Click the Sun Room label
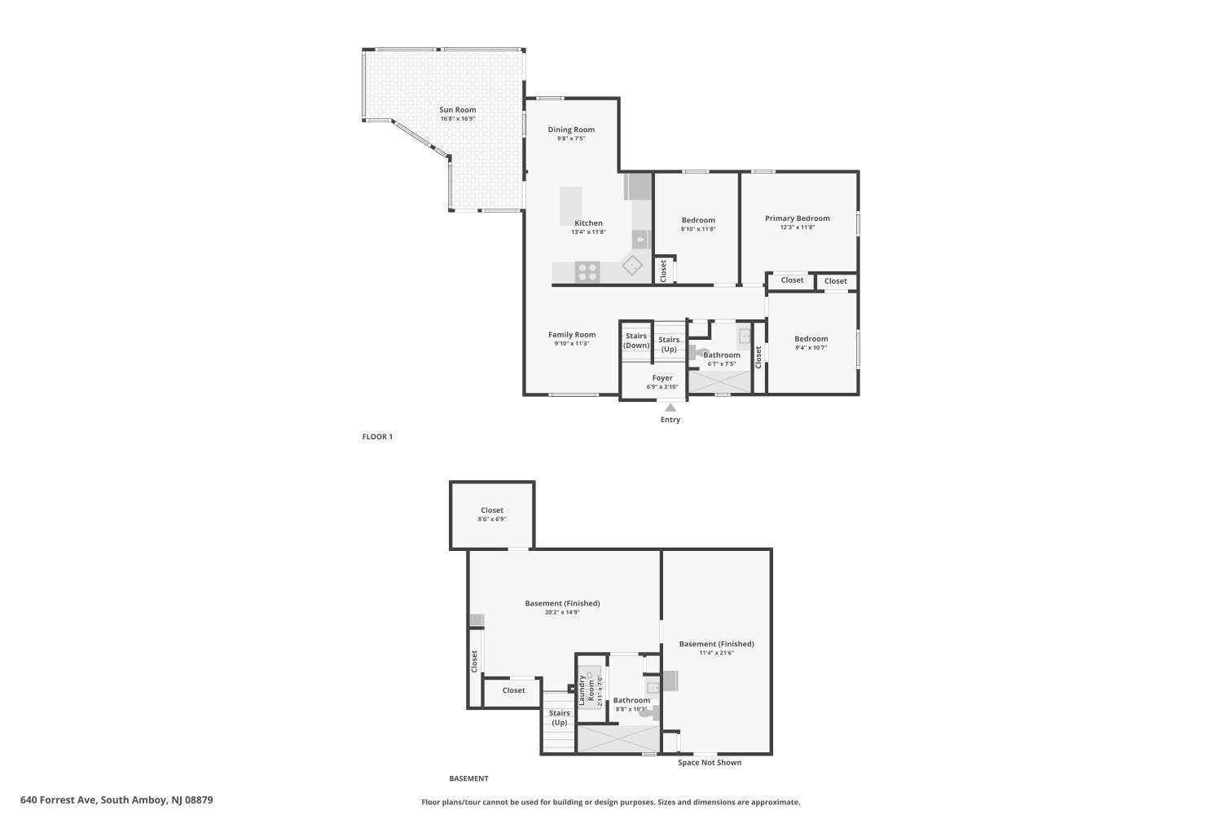tap(458, 110)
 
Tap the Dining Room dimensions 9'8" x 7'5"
tap(571, 139)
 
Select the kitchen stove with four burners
tap(587, 272)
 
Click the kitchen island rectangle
tap(570, 206)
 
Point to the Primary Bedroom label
tap(798, 218)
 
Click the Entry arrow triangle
tap(670, 407)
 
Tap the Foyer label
tap(662, 377)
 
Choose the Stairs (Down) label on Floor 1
tap(636, 341)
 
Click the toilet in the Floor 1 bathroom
tap(697, 353)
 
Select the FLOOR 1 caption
tap(377, 437)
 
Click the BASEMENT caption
tap(468, 778)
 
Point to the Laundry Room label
tap(587, 690)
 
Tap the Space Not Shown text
tap(710, 763)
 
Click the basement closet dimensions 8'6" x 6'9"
tap(492, 519)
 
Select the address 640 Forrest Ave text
tap(59, 800)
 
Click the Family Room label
tap(572, 335)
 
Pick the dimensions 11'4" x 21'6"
tap(717, 653)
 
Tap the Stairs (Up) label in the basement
tap(560, 718)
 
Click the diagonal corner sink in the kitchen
tap(631, 265)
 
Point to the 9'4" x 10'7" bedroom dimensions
tap(811, 348)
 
